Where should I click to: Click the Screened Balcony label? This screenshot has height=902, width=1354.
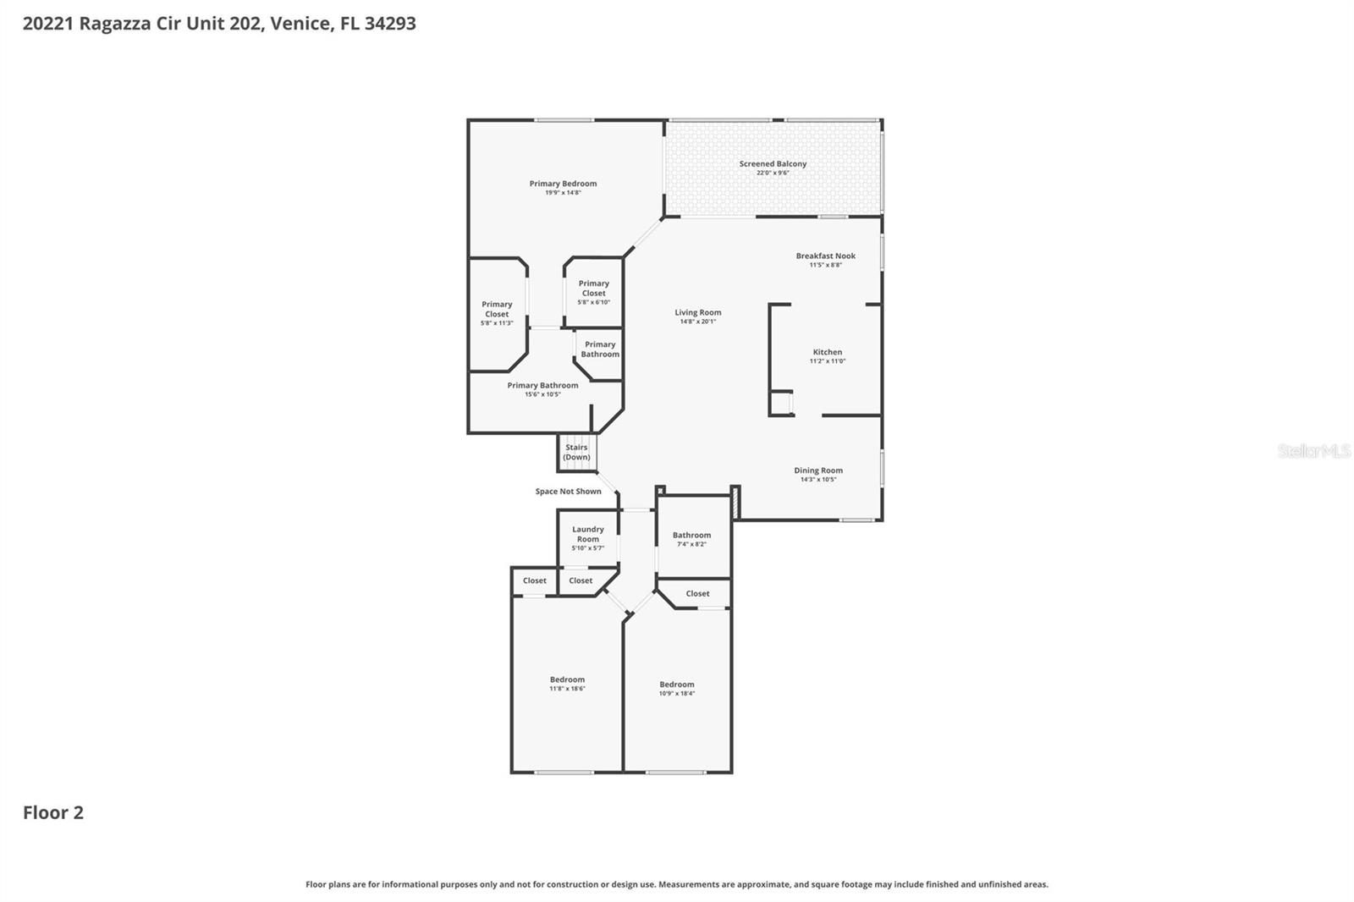point(773,164)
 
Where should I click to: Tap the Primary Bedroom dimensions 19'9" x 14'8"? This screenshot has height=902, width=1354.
point(563,193)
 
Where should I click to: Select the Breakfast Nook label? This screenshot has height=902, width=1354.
point(825,256)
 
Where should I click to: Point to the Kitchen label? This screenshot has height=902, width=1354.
point(828,352)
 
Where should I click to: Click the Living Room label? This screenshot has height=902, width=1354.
point(698,312)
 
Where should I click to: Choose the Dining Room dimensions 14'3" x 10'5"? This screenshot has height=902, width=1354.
point(818,480)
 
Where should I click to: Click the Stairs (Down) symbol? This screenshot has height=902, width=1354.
point(577,453)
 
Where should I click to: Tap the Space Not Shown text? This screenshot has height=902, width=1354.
point(568,492)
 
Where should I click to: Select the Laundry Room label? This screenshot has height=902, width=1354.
point(588,534)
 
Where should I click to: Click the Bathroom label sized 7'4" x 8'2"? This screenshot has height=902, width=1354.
point(691,535)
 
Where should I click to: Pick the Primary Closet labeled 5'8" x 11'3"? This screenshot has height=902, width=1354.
point(497,309)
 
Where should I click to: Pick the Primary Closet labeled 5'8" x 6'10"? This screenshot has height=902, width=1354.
point(593,289)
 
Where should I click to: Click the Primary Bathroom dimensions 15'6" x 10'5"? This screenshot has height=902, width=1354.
point(542,394)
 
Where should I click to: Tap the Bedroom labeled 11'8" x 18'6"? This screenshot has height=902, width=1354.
point(567,679)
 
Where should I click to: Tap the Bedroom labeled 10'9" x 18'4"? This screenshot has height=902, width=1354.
point(677,685)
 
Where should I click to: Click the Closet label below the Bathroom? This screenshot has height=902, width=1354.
point(697,594)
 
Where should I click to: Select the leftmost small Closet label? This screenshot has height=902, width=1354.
point(535,581)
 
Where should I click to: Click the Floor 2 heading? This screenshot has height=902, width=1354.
point(53,812)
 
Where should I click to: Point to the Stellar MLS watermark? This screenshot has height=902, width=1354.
point(1313,451)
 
